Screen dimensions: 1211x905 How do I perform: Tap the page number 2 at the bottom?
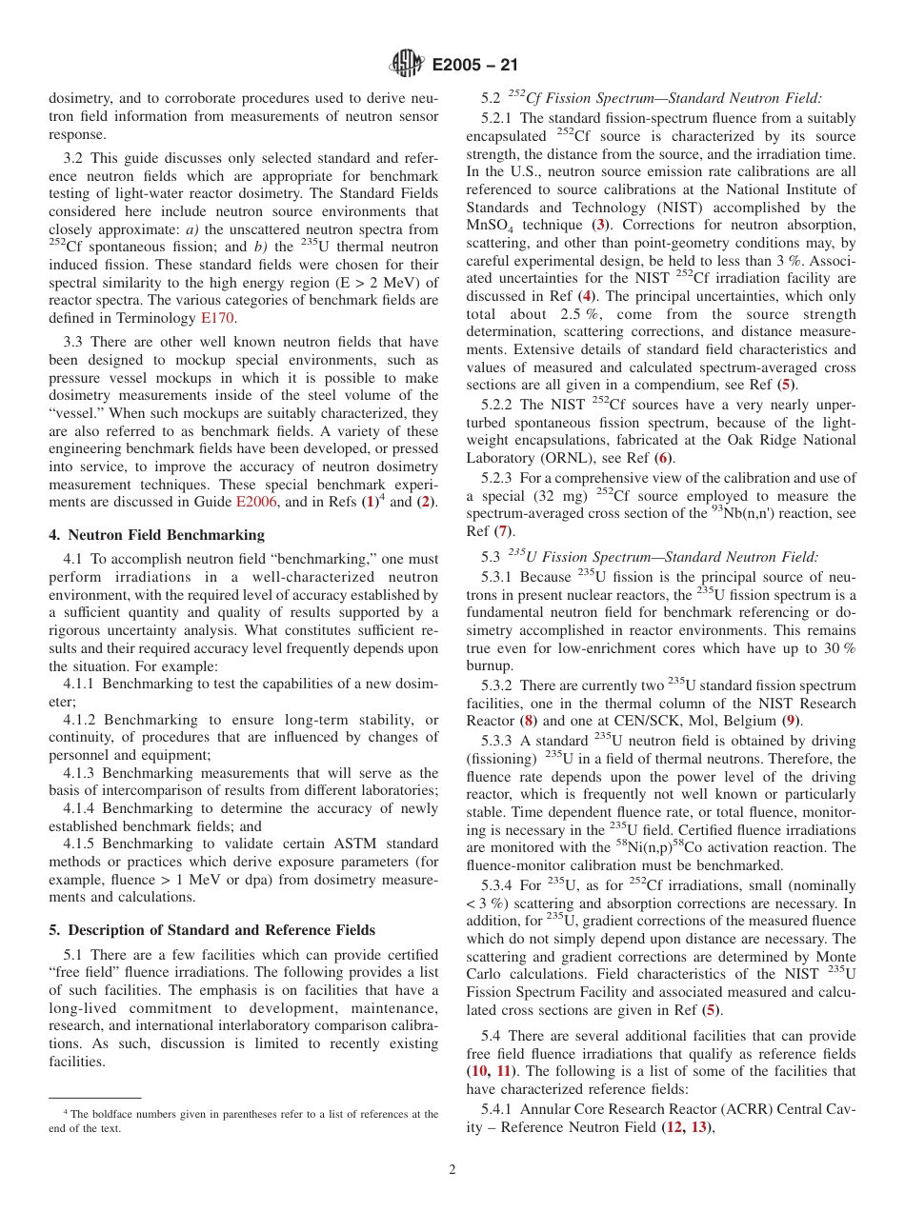tap(452, 1169)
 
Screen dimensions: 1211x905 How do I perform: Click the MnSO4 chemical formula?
tap(493, 226)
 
